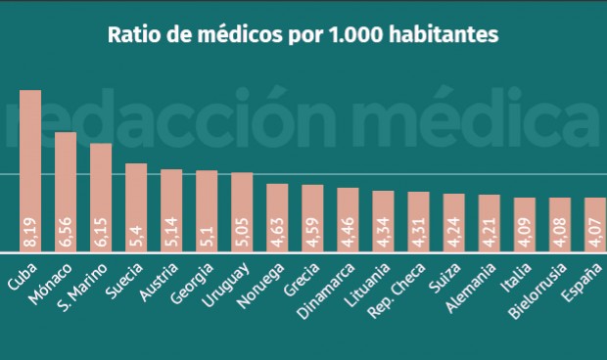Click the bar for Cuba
30,171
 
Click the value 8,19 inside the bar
30,235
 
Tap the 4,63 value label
277,236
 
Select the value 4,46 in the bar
348,236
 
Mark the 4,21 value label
489,236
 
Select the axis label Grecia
270,279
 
